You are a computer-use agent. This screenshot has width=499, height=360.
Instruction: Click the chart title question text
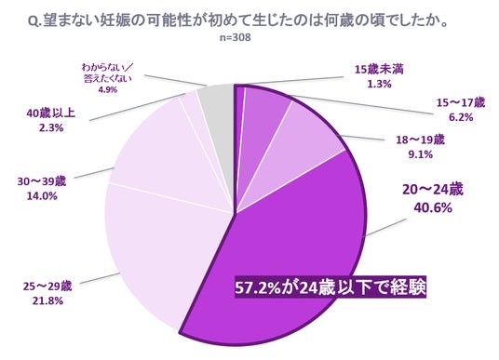tap(238, 22)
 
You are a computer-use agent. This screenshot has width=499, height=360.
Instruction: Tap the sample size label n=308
tap(236, 37)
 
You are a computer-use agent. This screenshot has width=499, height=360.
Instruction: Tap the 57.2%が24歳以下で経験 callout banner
tap(330, 287)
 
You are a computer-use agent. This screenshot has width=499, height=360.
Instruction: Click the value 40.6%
tap(433, 208)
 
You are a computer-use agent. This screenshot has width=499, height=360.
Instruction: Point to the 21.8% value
tap(47, 300)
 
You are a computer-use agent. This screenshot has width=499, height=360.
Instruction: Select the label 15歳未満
tap(379, 70)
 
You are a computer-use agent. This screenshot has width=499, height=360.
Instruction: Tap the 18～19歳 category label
tap(420, 140)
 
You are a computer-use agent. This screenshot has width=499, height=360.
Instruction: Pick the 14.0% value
tap(42, 196)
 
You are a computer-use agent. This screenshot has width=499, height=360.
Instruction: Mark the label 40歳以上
tap(51, 113)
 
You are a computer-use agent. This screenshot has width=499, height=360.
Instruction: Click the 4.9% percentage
tap(108, 90)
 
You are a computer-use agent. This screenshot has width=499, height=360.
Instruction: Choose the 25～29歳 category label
tap(47, 287)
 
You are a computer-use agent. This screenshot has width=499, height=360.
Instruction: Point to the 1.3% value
tap(379, 85)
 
